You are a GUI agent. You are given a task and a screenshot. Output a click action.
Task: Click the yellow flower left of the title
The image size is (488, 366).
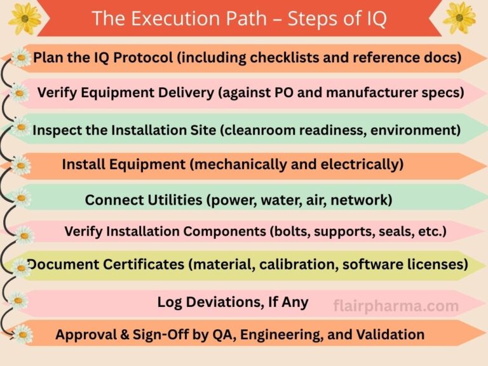click(x=24, y=18)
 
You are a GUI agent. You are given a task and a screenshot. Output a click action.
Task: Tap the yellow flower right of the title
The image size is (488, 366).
click(x=459, y=17)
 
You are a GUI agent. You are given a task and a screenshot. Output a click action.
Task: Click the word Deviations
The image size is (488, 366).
click(x=221, y=302)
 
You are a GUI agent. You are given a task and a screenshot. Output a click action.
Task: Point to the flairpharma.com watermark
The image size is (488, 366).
click(x=396, y=306)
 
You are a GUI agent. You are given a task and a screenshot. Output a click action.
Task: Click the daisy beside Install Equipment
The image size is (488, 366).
click(x=22, y=165)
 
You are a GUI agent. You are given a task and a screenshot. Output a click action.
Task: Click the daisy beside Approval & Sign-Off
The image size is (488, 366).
click(x=23, y=334)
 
